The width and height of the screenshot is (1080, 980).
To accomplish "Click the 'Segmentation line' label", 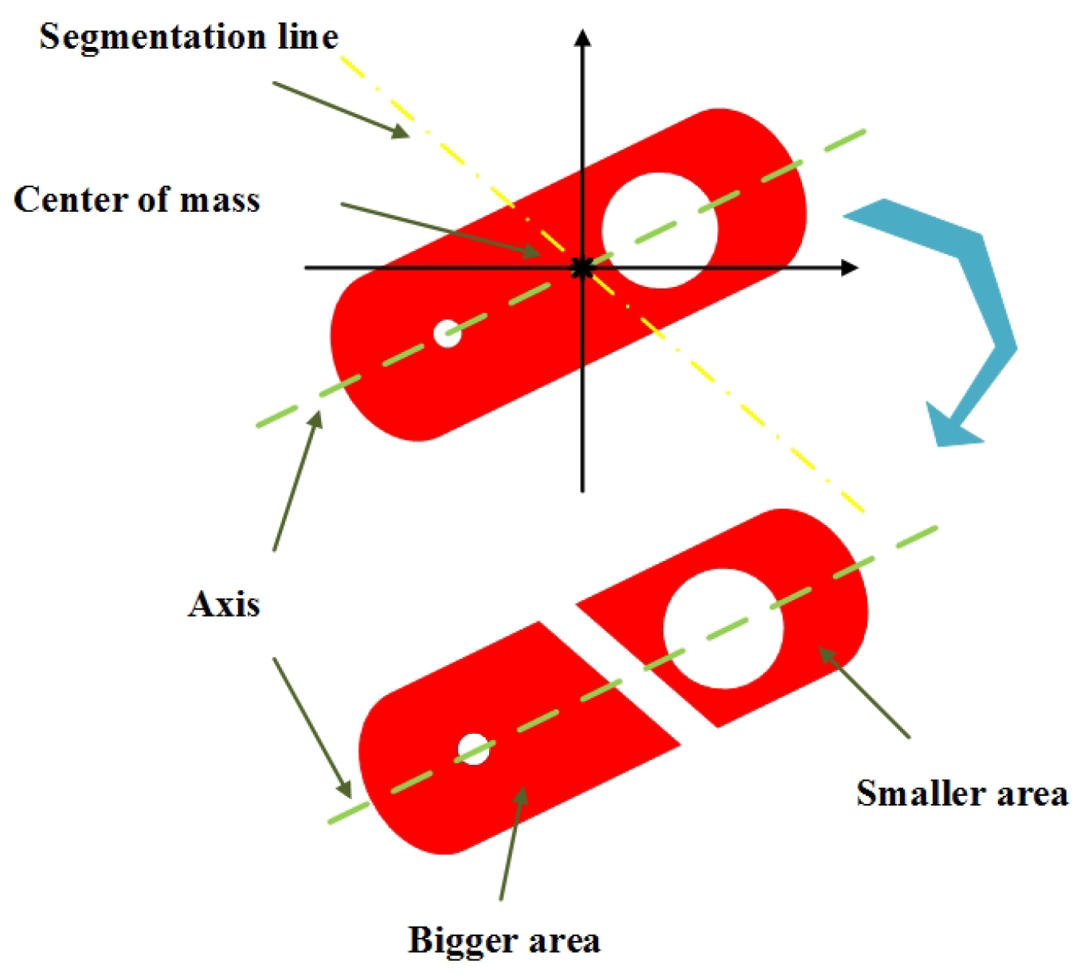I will click(x=189, y=37).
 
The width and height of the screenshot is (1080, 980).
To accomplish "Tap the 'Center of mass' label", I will click(x=137, y=199).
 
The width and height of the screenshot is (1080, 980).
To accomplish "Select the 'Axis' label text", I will click(x=224, y=604).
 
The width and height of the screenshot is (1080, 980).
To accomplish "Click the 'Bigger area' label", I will click(x=503, y=940).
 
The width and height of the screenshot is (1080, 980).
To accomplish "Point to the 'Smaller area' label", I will click(x=961, y=793).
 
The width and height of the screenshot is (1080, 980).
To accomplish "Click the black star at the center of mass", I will click(x=582, y=268).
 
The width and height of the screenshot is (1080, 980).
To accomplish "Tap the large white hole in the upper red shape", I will click(x=659, y=230).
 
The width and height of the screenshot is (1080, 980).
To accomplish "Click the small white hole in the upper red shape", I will click(x=448, y=333).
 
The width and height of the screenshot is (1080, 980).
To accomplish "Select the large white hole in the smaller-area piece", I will click(x=723, y=628).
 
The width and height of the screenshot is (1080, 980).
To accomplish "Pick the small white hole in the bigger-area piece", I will click(x=474, y=749).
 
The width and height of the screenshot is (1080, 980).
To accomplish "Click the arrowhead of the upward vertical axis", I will click(x=582, y=37).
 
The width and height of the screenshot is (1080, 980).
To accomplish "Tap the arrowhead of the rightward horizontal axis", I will click(x=849, y=268).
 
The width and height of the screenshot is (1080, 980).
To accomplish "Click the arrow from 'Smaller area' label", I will click(x=864, y=692).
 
